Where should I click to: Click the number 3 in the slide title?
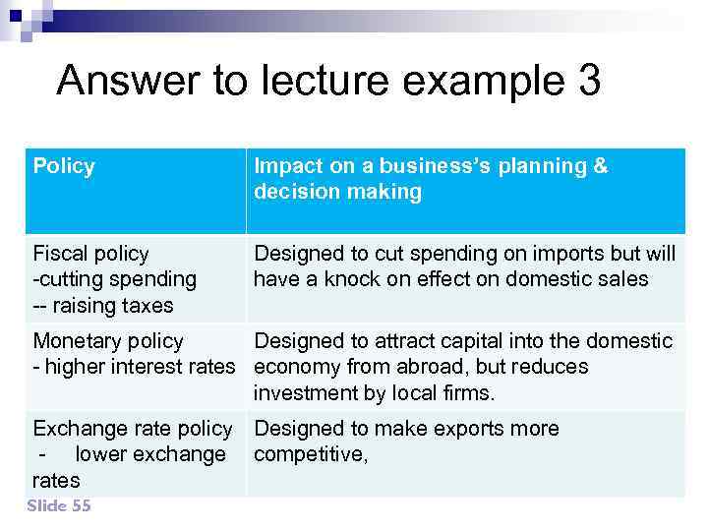tap(583, 81)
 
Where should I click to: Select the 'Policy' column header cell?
tap(64, 166)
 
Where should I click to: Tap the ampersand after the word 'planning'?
tap(600, 166)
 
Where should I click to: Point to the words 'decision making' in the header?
tap(337, 192)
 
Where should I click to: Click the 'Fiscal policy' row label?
tap(90, 254)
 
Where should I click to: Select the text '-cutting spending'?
tap(114, 279)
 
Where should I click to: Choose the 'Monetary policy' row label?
tap(108, 341)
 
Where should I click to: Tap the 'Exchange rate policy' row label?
tap(132, 429)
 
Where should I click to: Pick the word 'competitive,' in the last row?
tap(311, 454)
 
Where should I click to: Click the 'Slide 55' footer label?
tap(59, 505)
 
